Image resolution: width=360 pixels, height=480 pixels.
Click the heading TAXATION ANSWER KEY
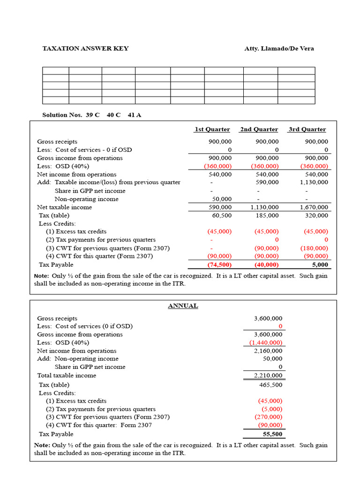(x=85, y=49)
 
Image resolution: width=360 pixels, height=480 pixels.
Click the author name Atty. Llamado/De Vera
(x=279, y=49)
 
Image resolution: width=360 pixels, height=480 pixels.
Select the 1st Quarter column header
(x=212, y=129)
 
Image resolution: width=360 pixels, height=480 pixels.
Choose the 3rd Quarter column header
(x=307, y=129)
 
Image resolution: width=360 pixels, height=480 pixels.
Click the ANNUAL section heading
(x=183, y=306)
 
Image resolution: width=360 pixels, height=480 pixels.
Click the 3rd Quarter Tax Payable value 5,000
(x=320, y=265)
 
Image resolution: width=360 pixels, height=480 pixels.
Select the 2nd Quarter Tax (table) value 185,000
(x=267, y=216)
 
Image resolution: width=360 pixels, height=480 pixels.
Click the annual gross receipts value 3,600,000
(x=268, y=318)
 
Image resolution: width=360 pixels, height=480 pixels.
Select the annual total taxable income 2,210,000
(x=268, y=375)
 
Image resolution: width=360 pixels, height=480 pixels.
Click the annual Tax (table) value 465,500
(x=270, y=385)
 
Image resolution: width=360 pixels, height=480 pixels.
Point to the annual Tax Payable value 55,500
(x=272, y=434)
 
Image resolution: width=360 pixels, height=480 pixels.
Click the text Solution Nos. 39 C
(x=71, y=115)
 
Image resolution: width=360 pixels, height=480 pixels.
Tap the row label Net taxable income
(x=65, y=207)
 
